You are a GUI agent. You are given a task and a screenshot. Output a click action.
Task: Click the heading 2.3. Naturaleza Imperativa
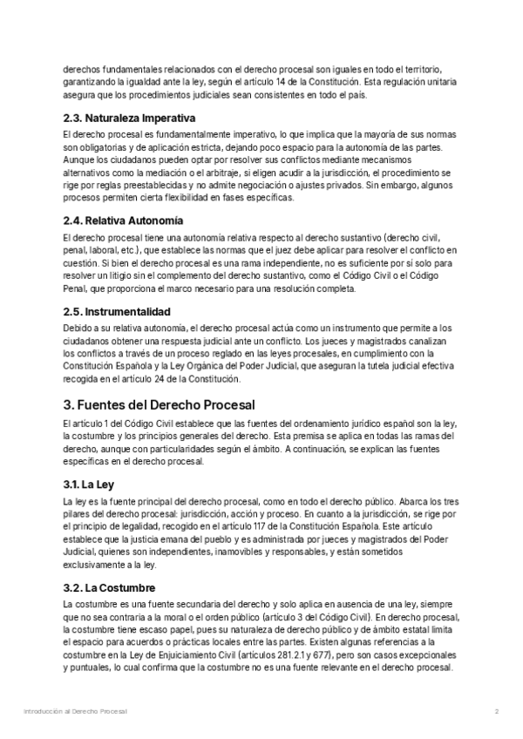click(x=129, y=118)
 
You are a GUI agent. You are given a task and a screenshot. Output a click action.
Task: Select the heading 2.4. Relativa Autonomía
click(x=123, y=220)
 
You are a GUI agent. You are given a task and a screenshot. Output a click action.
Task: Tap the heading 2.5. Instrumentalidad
click(x=117, y=311)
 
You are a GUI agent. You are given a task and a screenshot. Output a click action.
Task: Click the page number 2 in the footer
click(x=496, y=712)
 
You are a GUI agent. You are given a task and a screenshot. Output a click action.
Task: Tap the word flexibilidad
click(x=203, y=198)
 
